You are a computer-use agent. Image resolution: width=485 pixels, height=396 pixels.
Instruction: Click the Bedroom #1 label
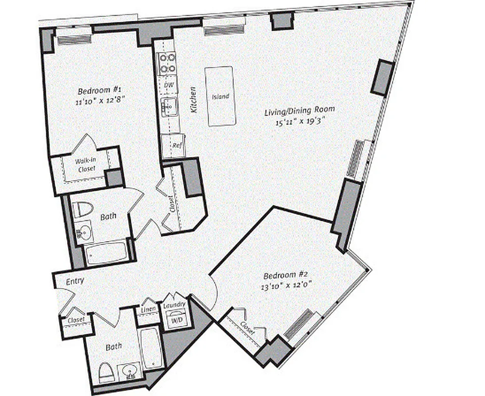pos(100,91)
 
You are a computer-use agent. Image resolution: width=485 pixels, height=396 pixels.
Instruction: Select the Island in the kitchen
pos(220,97)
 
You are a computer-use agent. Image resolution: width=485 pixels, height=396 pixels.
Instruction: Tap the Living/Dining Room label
pos(299,109)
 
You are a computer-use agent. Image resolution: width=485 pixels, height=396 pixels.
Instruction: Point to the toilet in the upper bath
pos(82,210)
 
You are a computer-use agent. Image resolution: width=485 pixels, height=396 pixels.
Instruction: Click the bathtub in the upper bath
pos(106,253)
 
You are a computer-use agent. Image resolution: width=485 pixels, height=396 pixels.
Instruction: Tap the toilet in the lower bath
pos(107,373)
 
